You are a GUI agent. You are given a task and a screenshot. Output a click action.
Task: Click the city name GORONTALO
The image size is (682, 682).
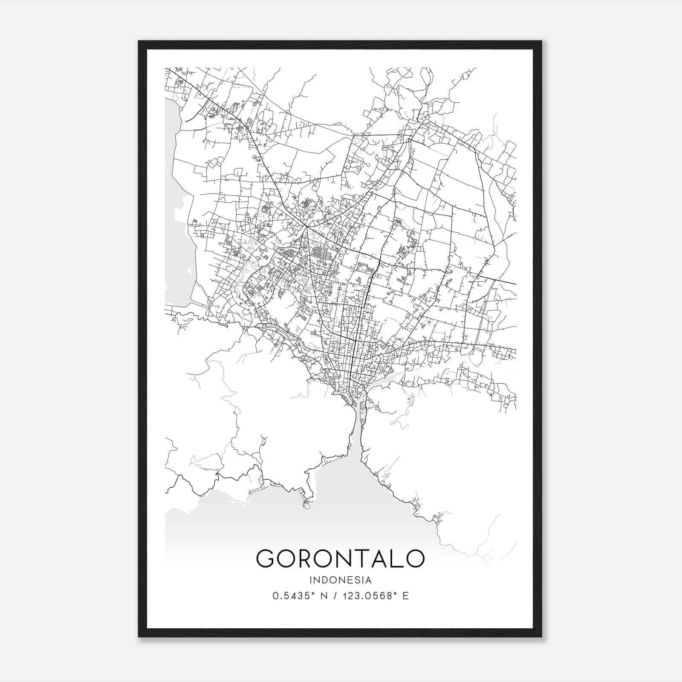pos(340,558)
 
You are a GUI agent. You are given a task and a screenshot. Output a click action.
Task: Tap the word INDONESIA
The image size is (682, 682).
pos(341,580)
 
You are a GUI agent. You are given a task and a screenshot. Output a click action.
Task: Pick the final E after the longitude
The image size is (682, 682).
pos(405,596)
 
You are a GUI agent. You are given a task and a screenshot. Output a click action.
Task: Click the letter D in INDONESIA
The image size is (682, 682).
pos(324,580)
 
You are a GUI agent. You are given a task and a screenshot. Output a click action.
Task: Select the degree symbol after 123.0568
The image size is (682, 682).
pos(394,593)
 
